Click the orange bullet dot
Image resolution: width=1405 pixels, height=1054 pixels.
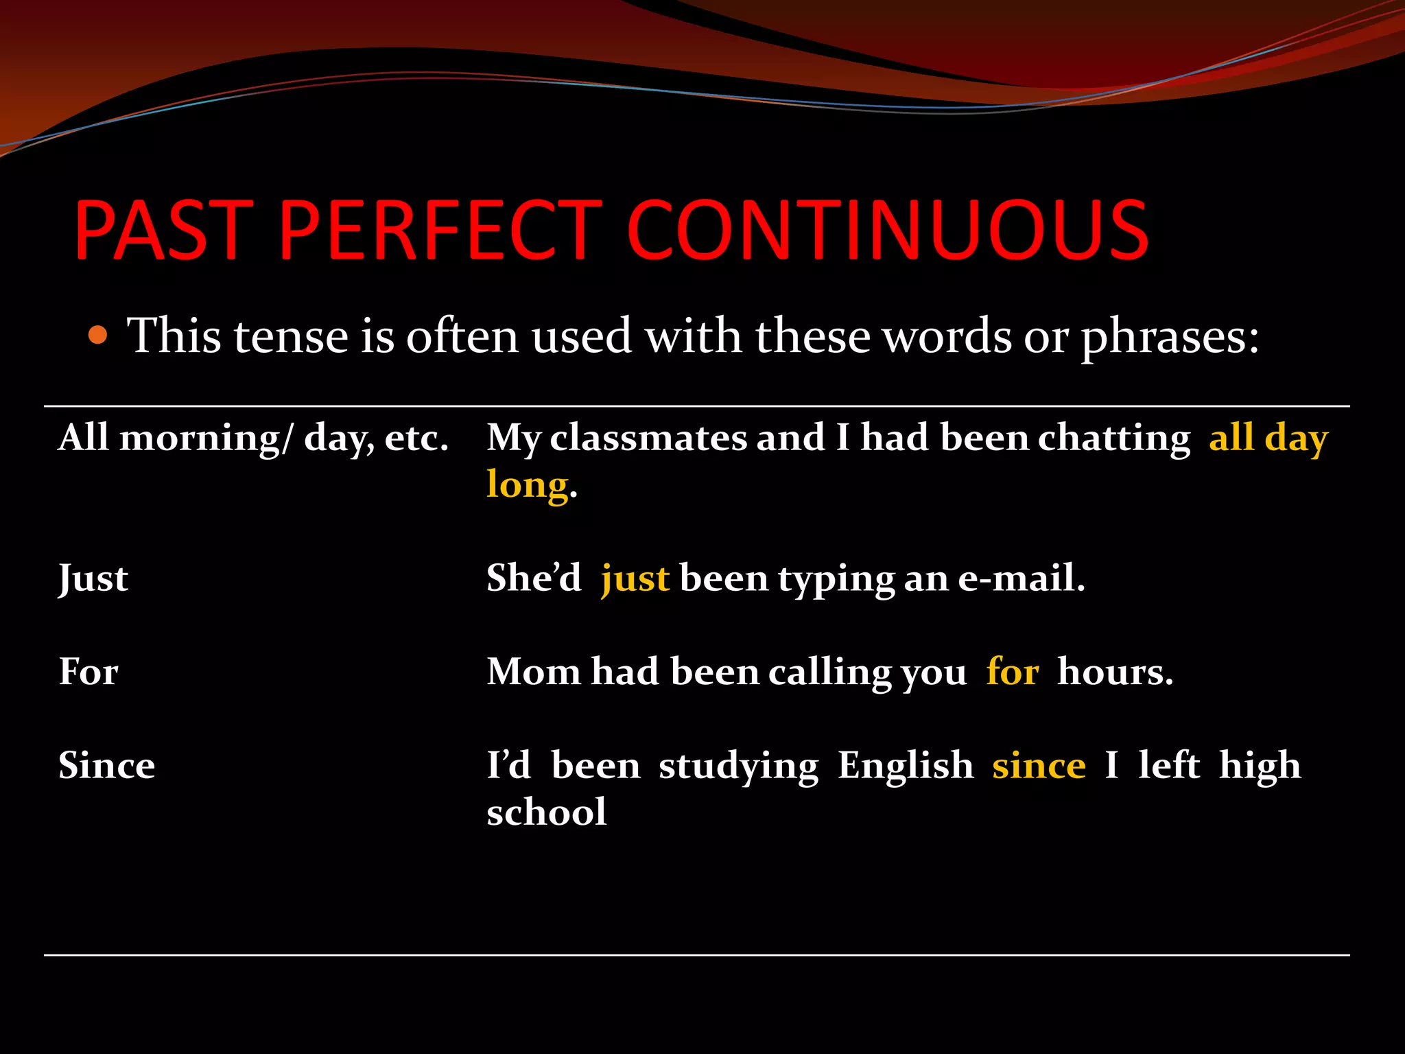pyautogui.click(x=99, y=336)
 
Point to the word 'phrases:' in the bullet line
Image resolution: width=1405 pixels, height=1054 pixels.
pyautogui.click(x=1170, y=338)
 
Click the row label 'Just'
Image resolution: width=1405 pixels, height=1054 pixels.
pyautogui.click(x=93, y=578)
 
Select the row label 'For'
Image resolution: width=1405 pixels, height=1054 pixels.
pyautogui.click(x=88, y=672)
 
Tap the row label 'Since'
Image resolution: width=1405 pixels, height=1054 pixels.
pyautogui.click(x=106, y=766)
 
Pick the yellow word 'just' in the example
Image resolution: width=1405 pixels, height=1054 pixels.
pyautogui.click(x=635, y=578)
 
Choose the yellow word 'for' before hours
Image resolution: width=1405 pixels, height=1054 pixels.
pyautogui.click(x=1013, y=672)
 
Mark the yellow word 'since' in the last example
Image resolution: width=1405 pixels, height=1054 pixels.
pyautogui.click(x=1039, y=766)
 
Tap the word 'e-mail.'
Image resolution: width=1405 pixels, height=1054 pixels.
pyautogui.click(x=1021, y=578)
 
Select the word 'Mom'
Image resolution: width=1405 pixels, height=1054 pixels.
pyautogui.click(x=533, y=672)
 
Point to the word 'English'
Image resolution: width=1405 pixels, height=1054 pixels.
pyautogui.click(x=906, y=766)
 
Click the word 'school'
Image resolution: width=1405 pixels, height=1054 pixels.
pyautogui.click(x=547, y=812)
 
